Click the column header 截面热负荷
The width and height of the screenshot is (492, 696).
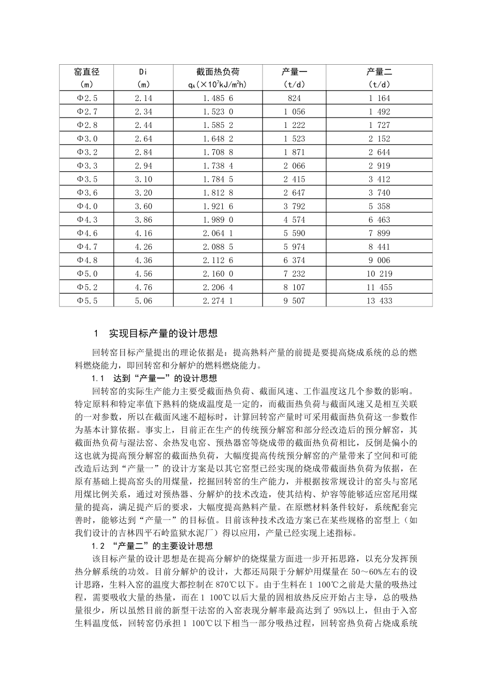pos(218,72)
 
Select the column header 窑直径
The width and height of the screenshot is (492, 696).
pos(86,72)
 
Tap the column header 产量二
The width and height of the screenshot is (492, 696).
pos(379,72)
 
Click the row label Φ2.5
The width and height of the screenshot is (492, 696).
pos(86,98)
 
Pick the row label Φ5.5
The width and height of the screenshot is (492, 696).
pos(86,301)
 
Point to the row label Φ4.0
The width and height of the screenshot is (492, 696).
pos(86,206)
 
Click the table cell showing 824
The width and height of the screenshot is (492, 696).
pos(294,98)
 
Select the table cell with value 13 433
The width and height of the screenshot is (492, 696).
pos(379,301)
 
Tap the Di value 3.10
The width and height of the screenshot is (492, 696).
pos(143,179)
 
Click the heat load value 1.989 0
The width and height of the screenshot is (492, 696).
pos(218,220)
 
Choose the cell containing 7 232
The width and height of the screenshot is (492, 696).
pos(294,274)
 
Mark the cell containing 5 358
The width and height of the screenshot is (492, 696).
pos(379,206)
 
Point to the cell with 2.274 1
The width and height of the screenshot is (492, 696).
pos(218,301)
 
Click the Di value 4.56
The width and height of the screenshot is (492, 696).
pos(143,274)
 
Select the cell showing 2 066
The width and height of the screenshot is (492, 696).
pos(294,166)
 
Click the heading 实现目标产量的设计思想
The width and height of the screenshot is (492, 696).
pos(163,333)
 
